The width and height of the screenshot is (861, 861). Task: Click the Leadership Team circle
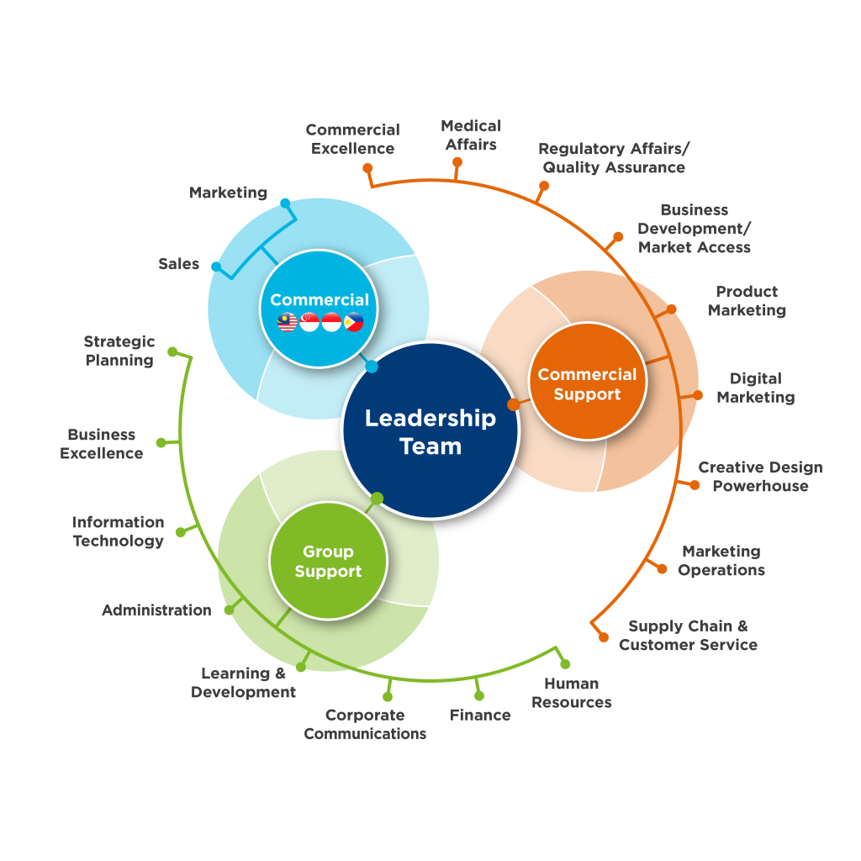(430, 431)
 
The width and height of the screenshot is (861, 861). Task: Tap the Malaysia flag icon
(288, 321)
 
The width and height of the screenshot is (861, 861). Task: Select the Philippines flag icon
(354, 321)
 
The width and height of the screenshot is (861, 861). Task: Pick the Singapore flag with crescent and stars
(309, 321)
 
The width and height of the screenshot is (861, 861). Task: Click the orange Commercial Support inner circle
(587, 383)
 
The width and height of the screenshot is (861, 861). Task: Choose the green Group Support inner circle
(328, 561)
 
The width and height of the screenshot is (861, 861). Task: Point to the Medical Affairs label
(471, 135)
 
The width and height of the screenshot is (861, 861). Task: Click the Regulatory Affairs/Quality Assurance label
(614, 158)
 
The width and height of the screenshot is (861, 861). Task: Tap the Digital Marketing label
(755, 388)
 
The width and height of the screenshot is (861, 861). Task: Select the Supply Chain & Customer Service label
(688, 636)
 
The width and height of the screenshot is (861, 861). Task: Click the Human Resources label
(572, 693)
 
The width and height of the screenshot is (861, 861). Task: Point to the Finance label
(480, 715)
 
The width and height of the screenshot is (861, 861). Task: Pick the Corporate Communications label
(365, 724)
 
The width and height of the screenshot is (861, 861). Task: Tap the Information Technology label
(118, 531)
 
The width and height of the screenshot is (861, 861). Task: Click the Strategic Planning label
(119, 351)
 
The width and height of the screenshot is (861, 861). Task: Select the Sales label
(179, 264)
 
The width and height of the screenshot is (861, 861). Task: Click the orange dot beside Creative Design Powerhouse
(695, 484)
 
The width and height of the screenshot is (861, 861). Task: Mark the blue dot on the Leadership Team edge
(372, 367)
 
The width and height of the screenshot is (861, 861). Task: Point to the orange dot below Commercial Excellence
(367, 168)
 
